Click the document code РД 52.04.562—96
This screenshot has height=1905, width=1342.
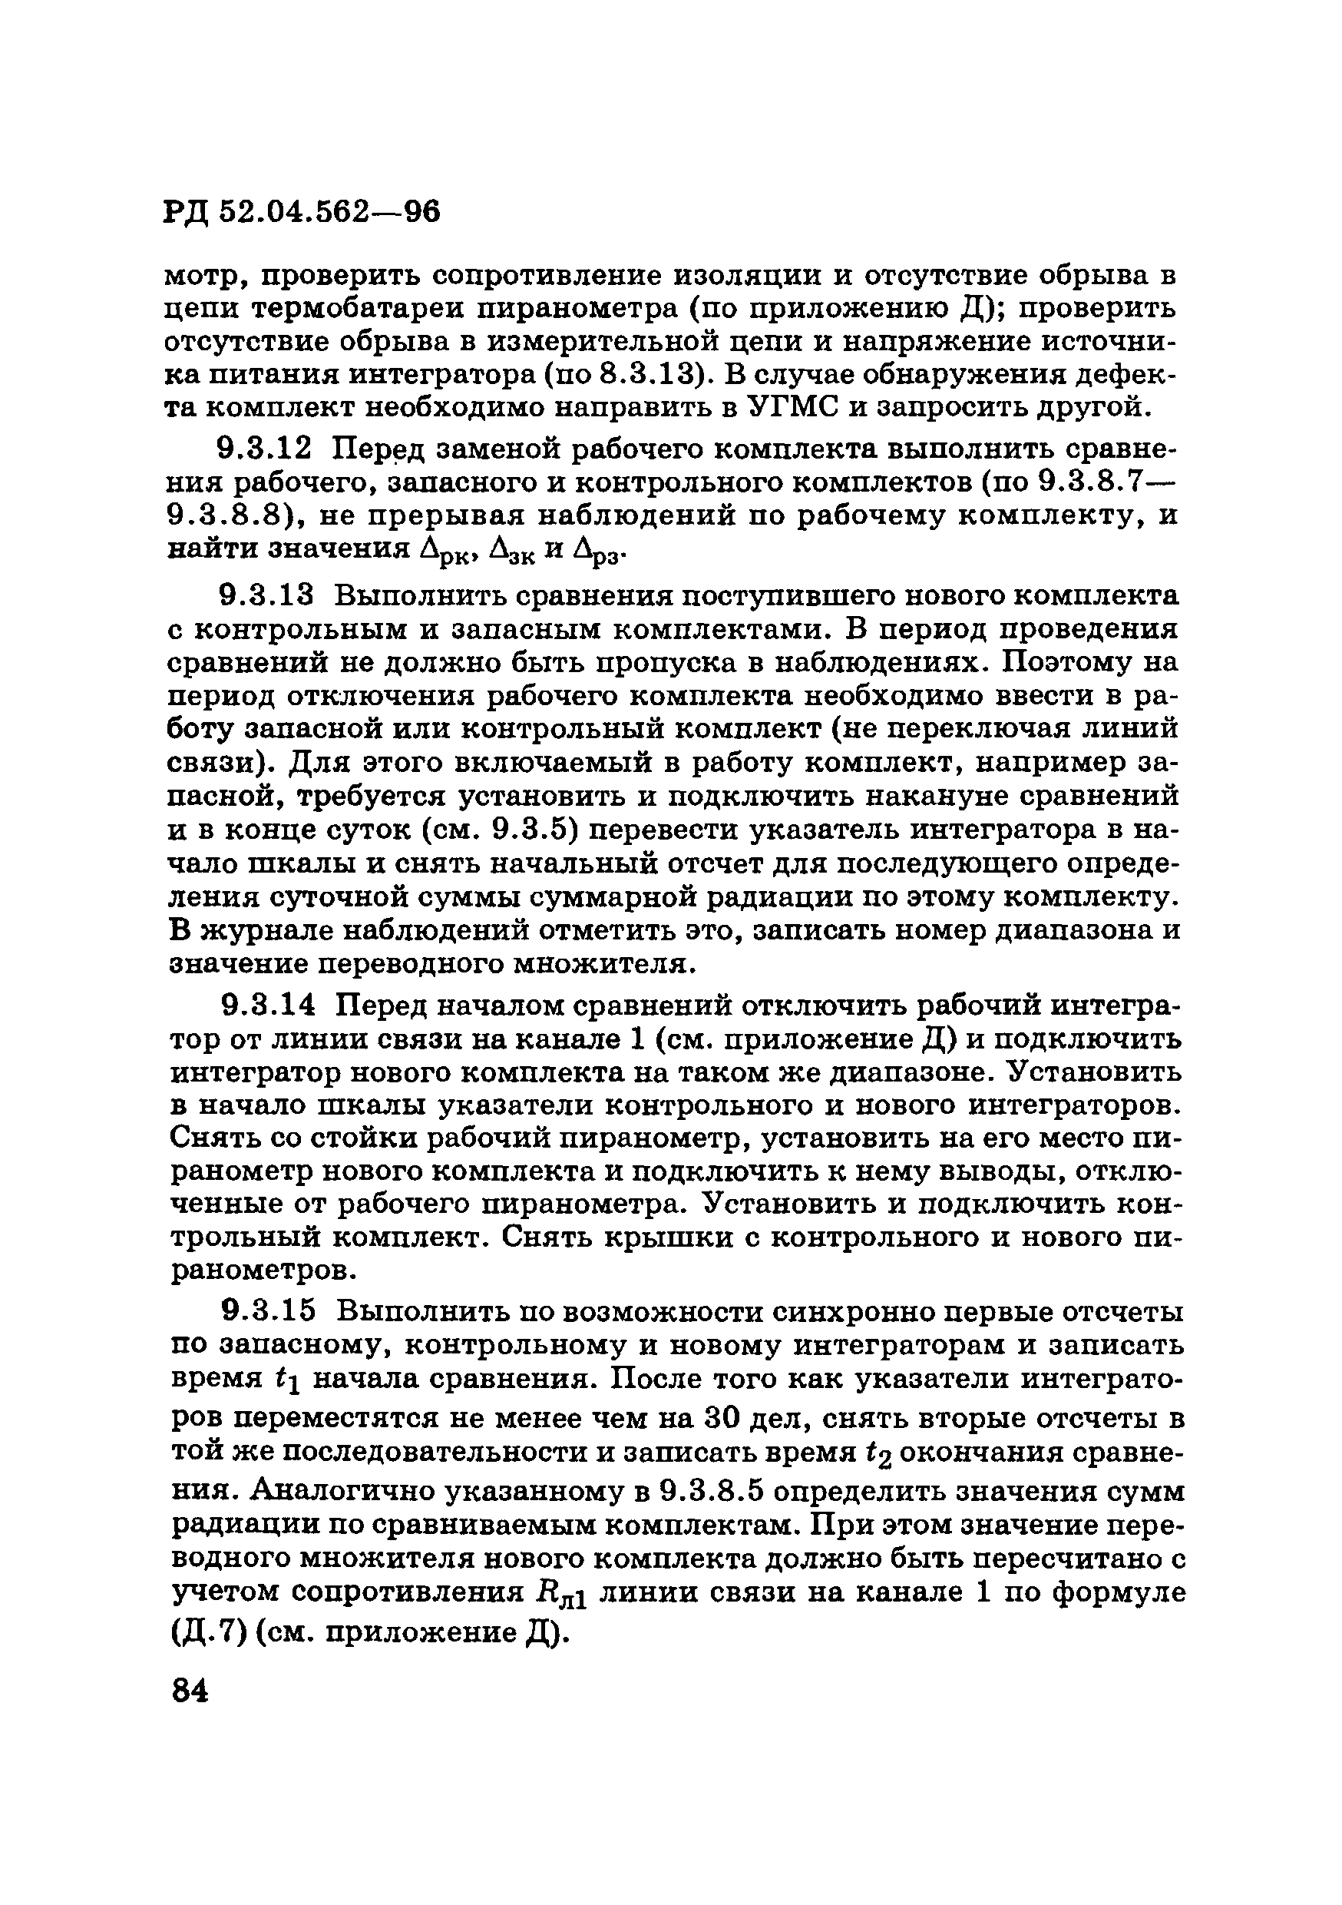[x=302, y=213]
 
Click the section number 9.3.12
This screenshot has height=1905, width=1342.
[x=266, y=449]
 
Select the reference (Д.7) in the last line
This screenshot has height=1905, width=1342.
[x=207, y=1633]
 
